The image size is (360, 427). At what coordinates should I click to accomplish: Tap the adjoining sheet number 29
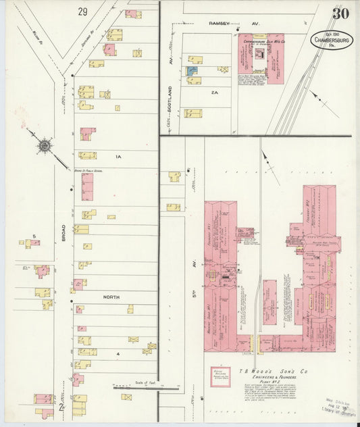coord(82,11)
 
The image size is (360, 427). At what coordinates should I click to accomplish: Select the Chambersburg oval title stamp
coord(332,41)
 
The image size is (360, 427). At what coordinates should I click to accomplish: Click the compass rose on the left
coord(45,145)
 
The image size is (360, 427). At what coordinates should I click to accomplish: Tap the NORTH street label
coord(110,297)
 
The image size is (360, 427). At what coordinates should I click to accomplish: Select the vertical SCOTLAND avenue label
coord(170,98)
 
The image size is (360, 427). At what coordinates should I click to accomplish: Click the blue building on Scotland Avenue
coord(192,70)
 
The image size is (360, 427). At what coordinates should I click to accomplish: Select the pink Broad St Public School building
coord(87,187)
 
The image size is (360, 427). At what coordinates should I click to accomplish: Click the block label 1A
coord(118,157)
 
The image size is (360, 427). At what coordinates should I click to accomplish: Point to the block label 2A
coord(215,92)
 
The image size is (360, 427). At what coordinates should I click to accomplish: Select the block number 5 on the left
coord(33,236)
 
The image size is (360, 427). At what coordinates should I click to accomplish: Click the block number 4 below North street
coord(118,353)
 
